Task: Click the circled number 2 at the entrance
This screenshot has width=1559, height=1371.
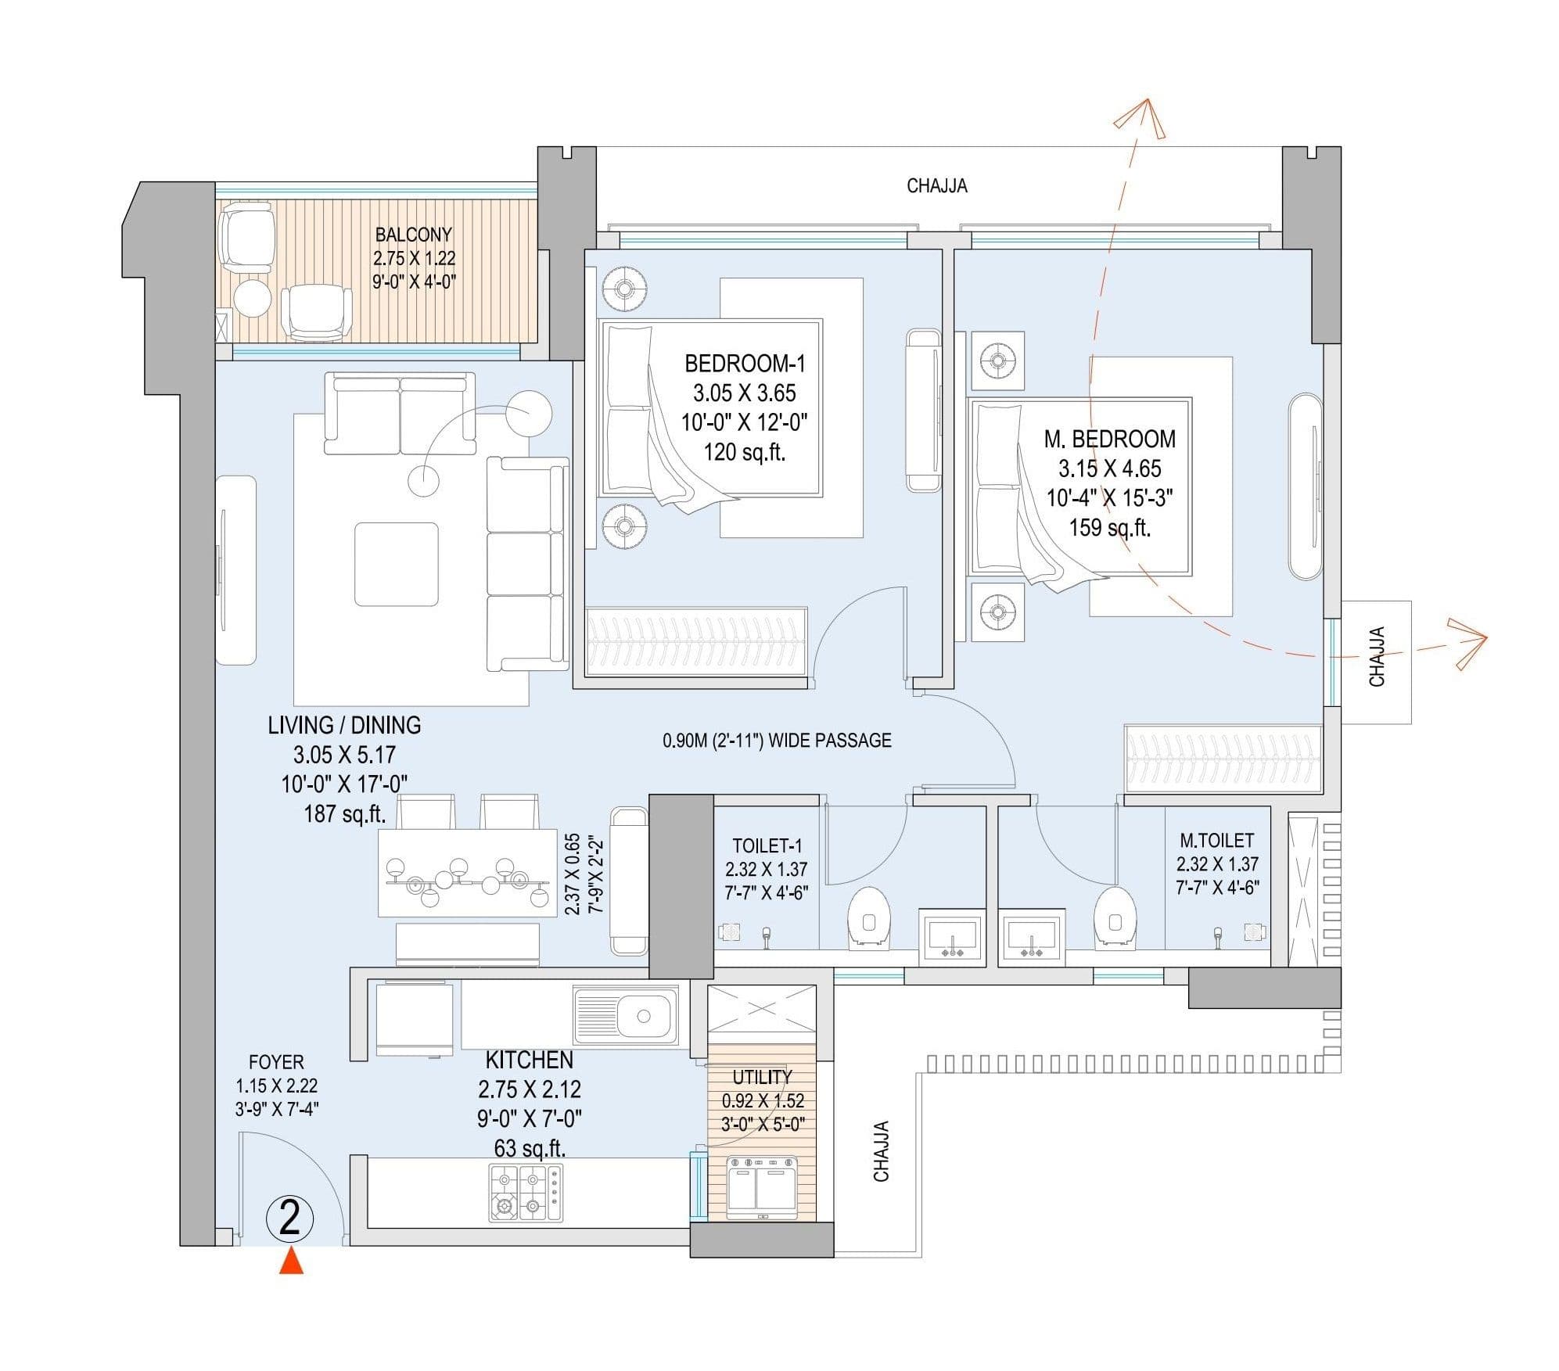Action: click(x=290, y=1218)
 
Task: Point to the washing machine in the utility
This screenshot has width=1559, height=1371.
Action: click(x=762, y=1187)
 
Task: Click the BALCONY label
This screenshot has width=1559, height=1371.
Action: click(x=413, y=235)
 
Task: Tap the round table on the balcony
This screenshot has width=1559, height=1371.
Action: click(x=253, y=298)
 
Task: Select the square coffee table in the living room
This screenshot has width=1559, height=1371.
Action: click(x=396, y=564)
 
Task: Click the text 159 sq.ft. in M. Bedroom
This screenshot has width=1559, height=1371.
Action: click(x=1109, y=528)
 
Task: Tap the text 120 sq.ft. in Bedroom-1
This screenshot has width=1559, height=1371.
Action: click(x=744, y=452)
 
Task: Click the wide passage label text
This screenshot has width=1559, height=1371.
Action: click(x=777, y=740)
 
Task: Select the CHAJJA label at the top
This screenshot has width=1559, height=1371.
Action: click(x=936, y=186)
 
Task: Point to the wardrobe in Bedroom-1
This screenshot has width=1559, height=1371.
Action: click(x=696, y=641)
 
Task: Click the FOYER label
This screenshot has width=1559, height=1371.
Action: click(x=276, y=1062)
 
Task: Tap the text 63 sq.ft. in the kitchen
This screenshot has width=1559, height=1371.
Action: click(x=530, y=1148)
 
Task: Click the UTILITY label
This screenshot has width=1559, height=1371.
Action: click(x=762, y=1077)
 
